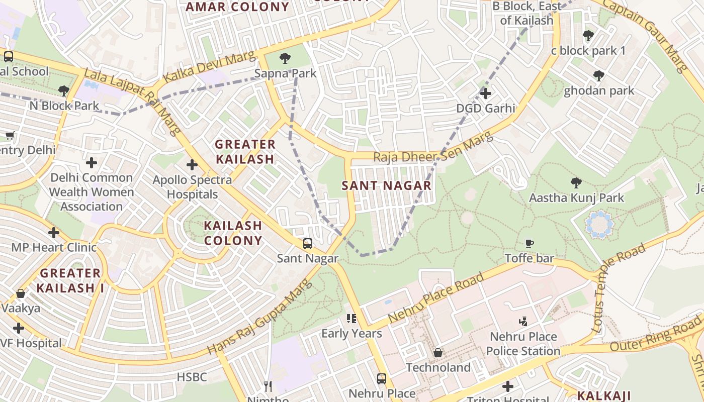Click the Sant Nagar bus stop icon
(307, 244)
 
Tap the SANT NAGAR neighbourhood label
(386, 185)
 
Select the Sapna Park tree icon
(285, 58)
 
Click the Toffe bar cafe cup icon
(529, 244)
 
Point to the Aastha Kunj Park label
(576, 198)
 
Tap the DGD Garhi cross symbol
(485, 93)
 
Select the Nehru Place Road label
(436, 298)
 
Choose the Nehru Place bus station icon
(382, 378)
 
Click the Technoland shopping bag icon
(438, 353)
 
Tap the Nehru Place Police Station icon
(523, 321)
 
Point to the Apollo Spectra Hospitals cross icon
(192, 165)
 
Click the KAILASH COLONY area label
(233, 233)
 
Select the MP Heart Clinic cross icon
(54, 233)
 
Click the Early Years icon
(351, 319)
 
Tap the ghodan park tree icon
(598, 76)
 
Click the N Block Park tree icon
(63, 91)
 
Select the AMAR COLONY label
(237, 7)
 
